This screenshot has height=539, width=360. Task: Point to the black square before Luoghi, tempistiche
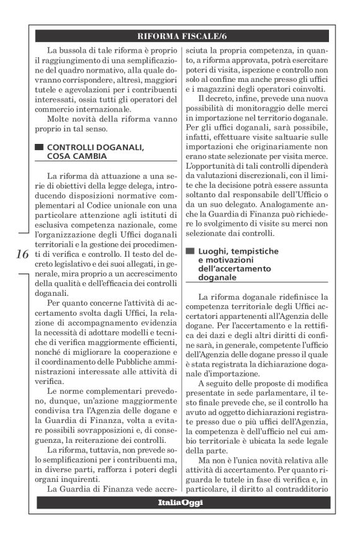pyautogui.click(x=189, y=251)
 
